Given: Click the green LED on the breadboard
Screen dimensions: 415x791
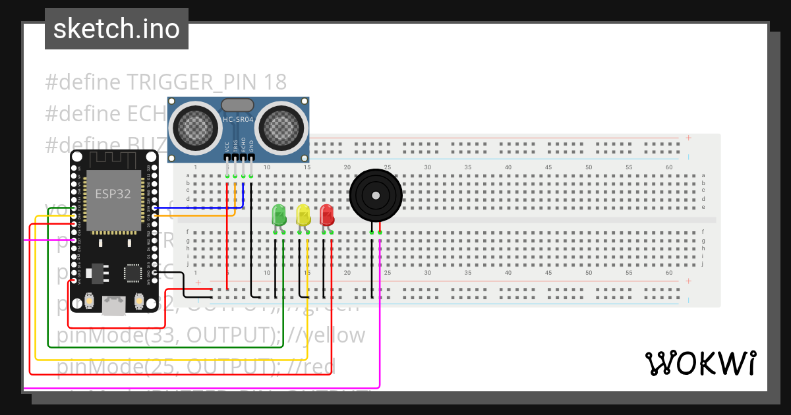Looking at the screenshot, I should click(x=279, y=215).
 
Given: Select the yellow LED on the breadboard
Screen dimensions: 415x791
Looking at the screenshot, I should click(x=303, y=215).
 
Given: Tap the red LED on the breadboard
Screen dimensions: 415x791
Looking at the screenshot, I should click(x=327, y=215).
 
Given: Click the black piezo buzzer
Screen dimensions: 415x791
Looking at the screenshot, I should click(x=374, y=196).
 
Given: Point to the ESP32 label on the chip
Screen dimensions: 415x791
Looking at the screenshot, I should click(x=113, y=194).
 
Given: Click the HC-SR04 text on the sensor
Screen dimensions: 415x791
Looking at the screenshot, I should click(x=238, y=119).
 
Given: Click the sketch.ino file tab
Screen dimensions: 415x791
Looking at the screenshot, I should click(x=117, y=29).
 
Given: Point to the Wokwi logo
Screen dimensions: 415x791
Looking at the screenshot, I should click(x=700, y=363).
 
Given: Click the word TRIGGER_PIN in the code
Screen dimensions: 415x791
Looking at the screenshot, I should click(x=192, y=82).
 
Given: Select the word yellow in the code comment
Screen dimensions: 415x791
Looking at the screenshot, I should click(x=334, y=335).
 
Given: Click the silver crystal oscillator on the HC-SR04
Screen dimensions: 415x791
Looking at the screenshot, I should click(x=237, y=105).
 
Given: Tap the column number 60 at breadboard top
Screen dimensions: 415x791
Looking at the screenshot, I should click(x=669, y=167).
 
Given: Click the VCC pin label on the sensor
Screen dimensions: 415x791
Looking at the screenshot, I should click(x=227, y=147).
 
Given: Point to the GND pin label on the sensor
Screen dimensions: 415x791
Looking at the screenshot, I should click(x=252, y=147).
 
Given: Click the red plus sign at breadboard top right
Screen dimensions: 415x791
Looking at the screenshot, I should click(x=688, y=138).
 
